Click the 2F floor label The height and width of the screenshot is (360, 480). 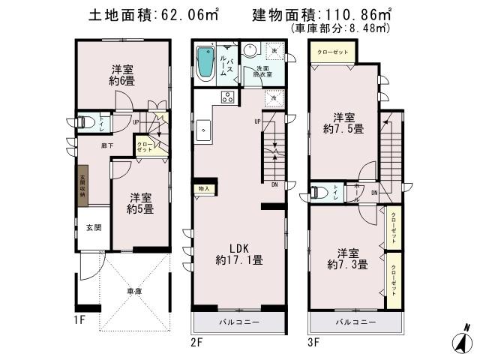click(x=197, y=343)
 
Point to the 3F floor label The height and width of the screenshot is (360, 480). click(x=313, y=343)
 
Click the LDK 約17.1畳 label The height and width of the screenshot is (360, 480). click(x=238, y=254)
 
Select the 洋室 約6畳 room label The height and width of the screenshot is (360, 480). click(x=122, y=74)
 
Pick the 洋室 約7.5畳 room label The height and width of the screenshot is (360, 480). click(x=343, y=122)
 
